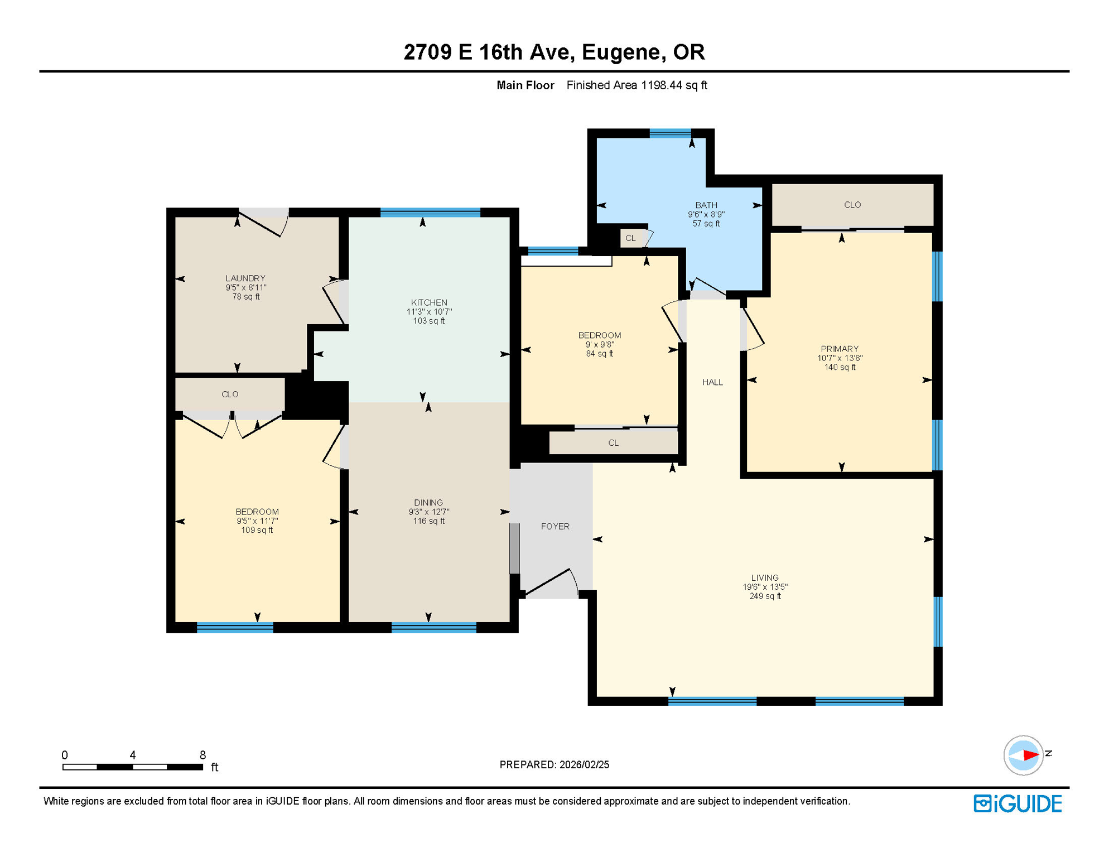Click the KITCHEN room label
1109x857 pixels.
point(428,302)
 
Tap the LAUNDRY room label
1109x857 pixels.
point(245,278)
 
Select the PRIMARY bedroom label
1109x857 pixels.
point(839,349)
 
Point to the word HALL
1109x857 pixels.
point(712,382)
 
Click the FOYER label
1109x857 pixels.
point(555,526)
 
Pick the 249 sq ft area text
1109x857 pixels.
point(765,596)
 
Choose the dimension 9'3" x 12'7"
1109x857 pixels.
point(428,512)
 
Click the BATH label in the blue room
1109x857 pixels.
point(706,205)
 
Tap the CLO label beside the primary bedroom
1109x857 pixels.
point(852,205)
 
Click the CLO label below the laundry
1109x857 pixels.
point(230,394)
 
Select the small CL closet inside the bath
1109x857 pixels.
point(630,238)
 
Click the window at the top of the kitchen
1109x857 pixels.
point(430,212)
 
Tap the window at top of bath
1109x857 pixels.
point(670,133)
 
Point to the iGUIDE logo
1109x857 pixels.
point(1018,803)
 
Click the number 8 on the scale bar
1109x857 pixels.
point(202,755)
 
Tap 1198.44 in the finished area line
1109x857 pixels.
point(662,85)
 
